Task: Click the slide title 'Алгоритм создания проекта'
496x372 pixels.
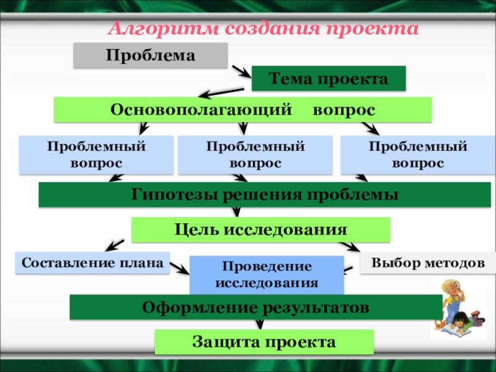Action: pos(263,29)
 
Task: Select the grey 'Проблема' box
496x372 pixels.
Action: pos(151,56)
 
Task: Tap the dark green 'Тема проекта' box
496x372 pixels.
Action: pos(329,79)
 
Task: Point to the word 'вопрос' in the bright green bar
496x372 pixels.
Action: pos(343,110)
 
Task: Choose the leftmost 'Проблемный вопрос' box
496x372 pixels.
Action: pos(96,155)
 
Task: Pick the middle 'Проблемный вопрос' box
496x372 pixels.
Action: pos(255,155)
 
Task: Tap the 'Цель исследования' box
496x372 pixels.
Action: pos(260,229)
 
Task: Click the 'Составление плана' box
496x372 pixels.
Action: pos(92,263)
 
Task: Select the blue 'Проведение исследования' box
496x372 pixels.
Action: pos(266,275)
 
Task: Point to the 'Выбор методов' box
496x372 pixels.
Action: pos(428,263)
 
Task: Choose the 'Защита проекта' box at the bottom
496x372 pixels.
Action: pos(263,342)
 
